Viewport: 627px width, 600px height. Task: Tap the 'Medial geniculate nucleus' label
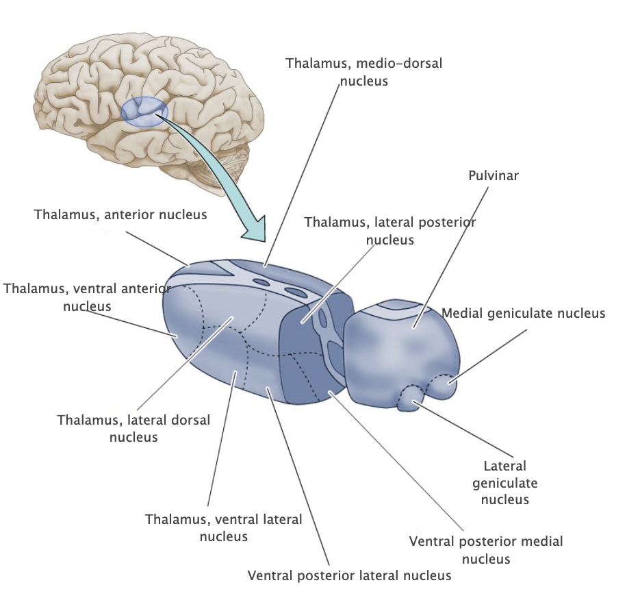tap(524, 313)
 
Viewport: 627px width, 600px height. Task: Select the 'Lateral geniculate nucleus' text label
tap(505, 483)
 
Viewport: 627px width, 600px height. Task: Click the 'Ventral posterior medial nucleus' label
tap(486, 550)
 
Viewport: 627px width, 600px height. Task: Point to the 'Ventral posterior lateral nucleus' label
tap(350, 575)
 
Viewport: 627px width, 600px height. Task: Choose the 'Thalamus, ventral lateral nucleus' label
tap(224, 527)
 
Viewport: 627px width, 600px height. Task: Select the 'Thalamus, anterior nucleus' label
tap(120, 214)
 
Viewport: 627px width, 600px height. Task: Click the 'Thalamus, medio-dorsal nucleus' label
tap(364, 72)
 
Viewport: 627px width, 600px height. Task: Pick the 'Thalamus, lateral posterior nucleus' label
tap(390, 231)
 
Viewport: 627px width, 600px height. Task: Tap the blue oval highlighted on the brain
tap(144, 112)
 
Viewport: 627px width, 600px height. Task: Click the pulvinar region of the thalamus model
tap(404, 342)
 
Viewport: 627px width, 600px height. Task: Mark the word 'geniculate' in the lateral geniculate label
tap(505, 483)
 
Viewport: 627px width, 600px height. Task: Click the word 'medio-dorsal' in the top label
tap(405, 64)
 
